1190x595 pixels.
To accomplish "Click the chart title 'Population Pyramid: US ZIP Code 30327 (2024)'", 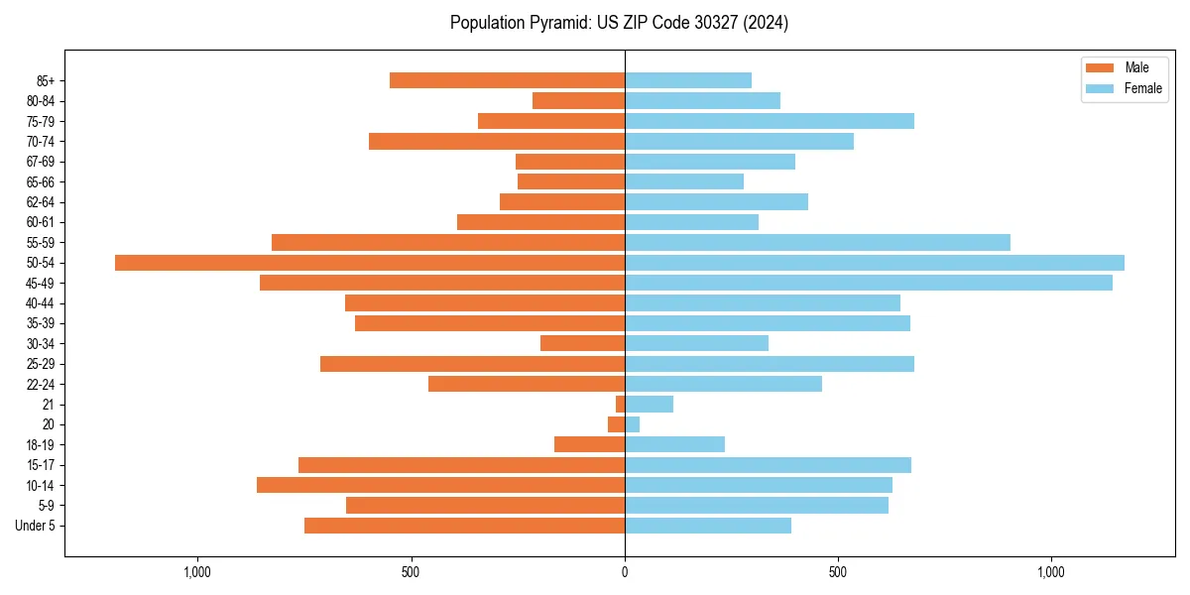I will (x=619, y=23).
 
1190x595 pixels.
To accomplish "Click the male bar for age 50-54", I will (x=370, y=263).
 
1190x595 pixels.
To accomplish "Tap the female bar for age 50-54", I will (x=874, y=263).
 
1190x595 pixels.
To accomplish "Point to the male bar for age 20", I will (x=617, y=424).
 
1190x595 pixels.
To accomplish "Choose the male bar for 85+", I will (x=507, y=80).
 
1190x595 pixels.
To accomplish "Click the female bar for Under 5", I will (x=707, y=526).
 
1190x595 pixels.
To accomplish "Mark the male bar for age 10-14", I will (x=440, y=485).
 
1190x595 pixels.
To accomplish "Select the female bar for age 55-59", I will (x=817, y=242).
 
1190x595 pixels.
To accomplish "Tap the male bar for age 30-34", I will (x=582, y=343).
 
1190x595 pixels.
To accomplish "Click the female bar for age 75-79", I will (x=769, y=121).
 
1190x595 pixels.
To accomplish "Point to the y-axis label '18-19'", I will (x=41, y=445).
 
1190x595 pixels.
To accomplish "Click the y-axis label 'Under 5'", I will (x=35, y=526).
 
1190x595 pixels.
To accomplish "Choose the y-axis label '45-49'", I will (x=41, y=283).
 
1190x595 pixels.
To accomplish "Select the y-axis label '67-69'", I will (x=41, y=162).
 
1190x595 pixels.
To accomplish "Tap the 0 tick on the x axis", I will (x=625, y=572).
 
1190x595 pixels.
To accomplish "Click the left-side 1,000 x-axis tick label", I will (x=198, y=572).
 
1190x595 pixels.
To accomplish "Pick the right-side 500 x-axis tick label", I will (x=838, y=572).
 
